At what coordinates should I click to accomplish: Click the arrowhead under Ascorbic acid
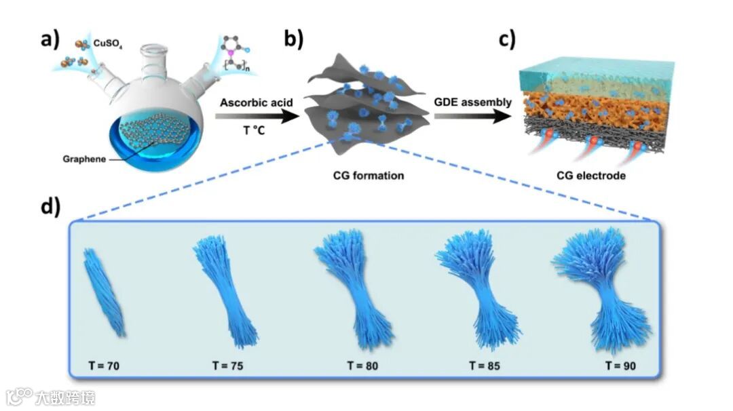tap(290, 117)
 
